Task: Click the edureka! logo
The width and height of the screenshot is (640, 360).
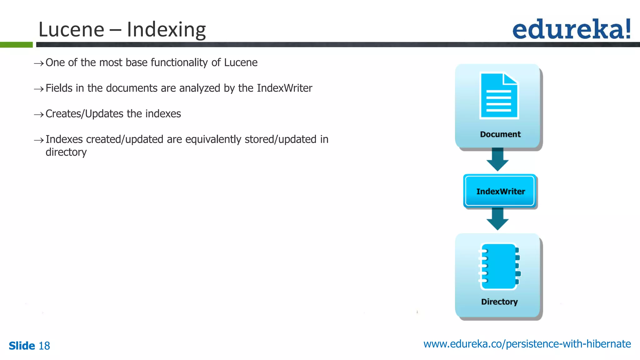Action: tap(571, 29)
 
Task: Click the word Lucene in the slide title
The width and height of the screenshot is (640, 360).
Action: tap(71, 30)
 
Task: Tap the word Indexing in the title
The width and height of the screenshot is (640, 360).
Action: tap(166, 30)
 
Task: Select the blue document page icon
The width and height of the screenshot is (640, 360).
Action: tap(499, 96)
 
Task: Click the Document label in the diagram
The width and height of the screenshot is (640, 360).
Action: tap(500, 134)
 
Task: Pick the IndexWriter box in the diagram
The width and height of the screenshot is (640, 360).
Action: tap(500, 191)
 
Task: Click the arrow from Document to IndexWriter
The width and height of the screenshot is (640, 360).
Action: tap(497, 159)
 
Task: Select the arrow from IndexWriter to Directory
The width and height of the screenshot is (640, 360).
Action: tap(497, 219)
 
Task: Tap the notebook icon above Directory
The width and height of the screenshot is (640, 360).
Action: tap(499, 267)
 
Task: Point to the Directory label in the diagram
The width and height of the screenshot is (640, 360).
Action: tap(499, 302)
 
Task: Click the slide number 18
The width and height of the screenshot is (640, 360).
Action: tap(44, 346)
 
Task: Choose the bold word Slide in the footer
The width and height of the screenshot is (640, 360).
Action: tap(22, 346)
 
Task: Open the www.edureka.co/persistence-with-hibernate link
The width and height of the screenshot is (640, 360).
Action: tap(527, 344)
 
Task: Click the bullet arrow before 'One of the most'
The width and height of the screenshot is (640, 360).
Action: tap(39, 63)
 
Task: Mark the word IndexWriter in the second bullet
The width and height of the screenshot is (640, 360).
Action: tap(284, 88)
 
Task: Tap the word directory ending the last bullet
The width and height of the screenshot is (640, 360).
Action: tap(66, 152)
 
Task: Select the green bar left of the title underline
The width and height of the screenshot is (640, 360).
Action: tap(16, 45)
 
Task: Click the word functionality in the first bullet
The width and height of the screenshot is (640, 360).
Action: tap(179, 63)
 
